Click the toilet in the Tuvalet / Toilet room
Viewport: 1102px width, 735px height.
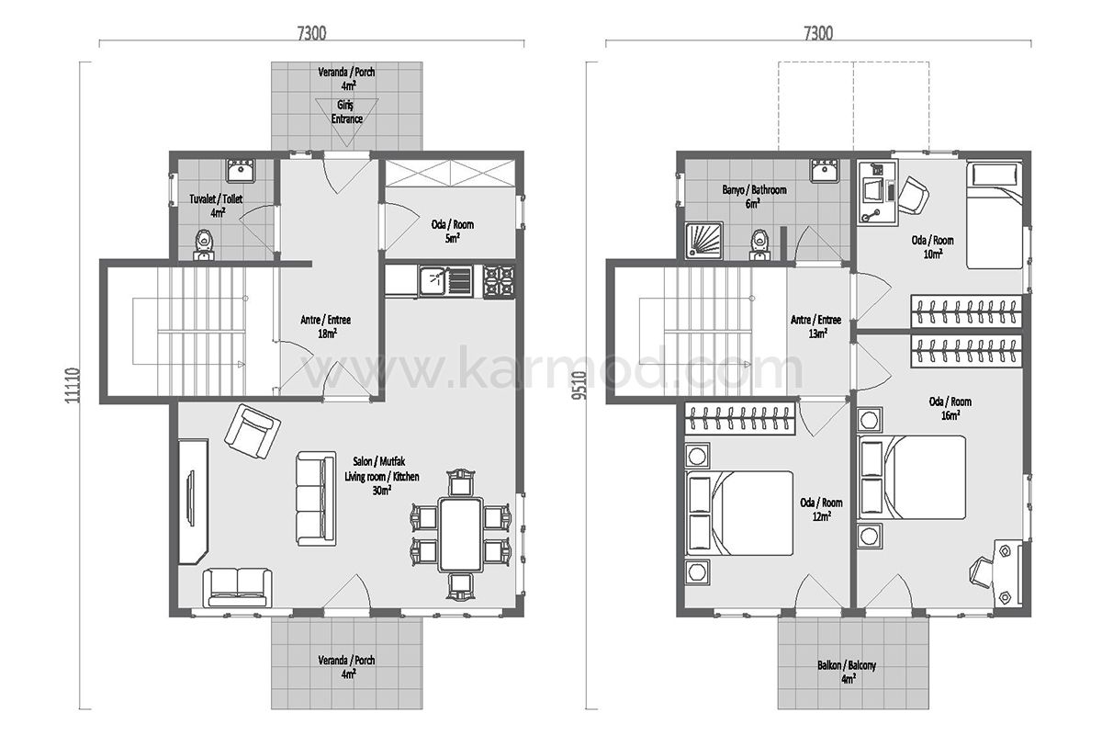pyautogui.click(x=204, y=244)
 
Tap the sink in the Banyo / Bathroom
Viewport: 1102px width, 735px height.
pyautogui.click(x=824, y=170)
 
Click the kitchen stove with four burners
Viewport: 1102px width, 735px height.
pyautogui.click(x=499, y=281)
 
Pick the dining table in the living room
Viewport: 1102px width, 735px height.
pyautogui.click(x=460, y=535)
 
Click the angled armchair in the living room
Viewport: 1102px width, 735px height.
pyautogui.click(x=253, y=431)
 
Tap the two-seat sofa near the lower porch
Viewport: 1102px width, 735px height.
pyautogui.click(x=237, y=587)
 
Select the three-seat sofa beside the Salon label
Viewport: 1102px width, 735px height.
pyautogui.click(x=316, y=498)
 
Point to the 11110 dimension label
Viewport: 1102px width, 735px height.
pyautogui.click(x=73, y=386)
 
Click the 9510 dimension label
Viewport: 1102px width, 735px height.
pyautogui.click(x=580, y=386)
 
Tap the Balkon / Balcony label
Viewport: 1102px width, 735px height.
pyautogui.click(x=847, y=665)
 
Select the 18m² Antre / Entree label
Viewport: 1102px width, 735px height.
pyautogui.click(x=326, y=326)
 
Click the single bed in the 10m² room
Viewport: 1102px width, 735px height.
pyautogui.click(x=995, y=216)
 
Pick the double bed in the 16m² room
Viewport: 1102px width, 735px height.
pyautogui.click(x=912, y=477)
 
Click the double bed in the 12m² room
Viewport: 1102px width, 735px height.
pyautogui.click(x=739, y=513)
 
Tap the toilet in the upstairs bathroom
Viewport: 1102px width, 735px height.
pyautogui.click(x=760, y=244)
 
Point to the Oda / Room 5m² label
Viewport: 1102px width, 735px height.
pyautogui.click(x=453, y=232)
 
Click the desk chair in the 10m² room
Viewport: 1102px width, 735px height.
pyautogui.click(x=914, y=196)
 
